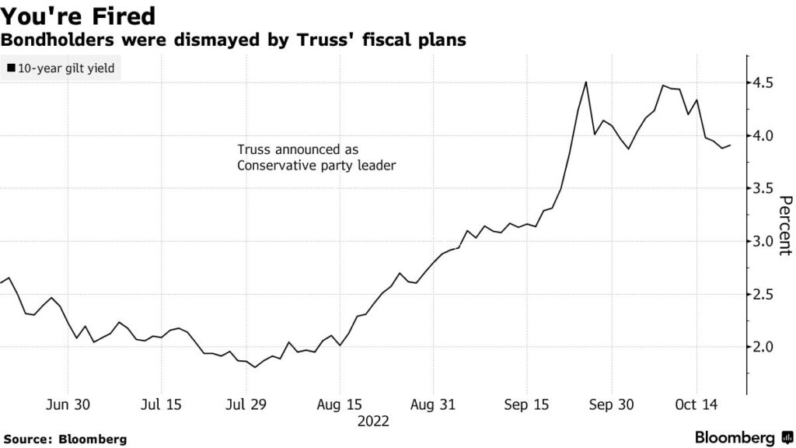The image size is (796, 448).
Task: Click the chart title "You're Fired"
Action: (x=78, y=16)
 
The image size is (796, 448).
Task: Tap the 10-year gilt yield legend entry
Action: (x=61, y=68)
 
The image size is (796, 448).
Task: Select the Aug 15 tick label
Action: (x=340, y=404)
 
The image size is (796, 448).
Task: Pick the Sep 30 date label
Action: (x=611, y=404)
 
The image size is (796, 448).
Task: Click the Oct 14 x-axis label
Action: (x=696, y=404)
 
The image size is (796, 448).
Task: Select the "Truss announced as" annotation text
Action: (x=298, y=149)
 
